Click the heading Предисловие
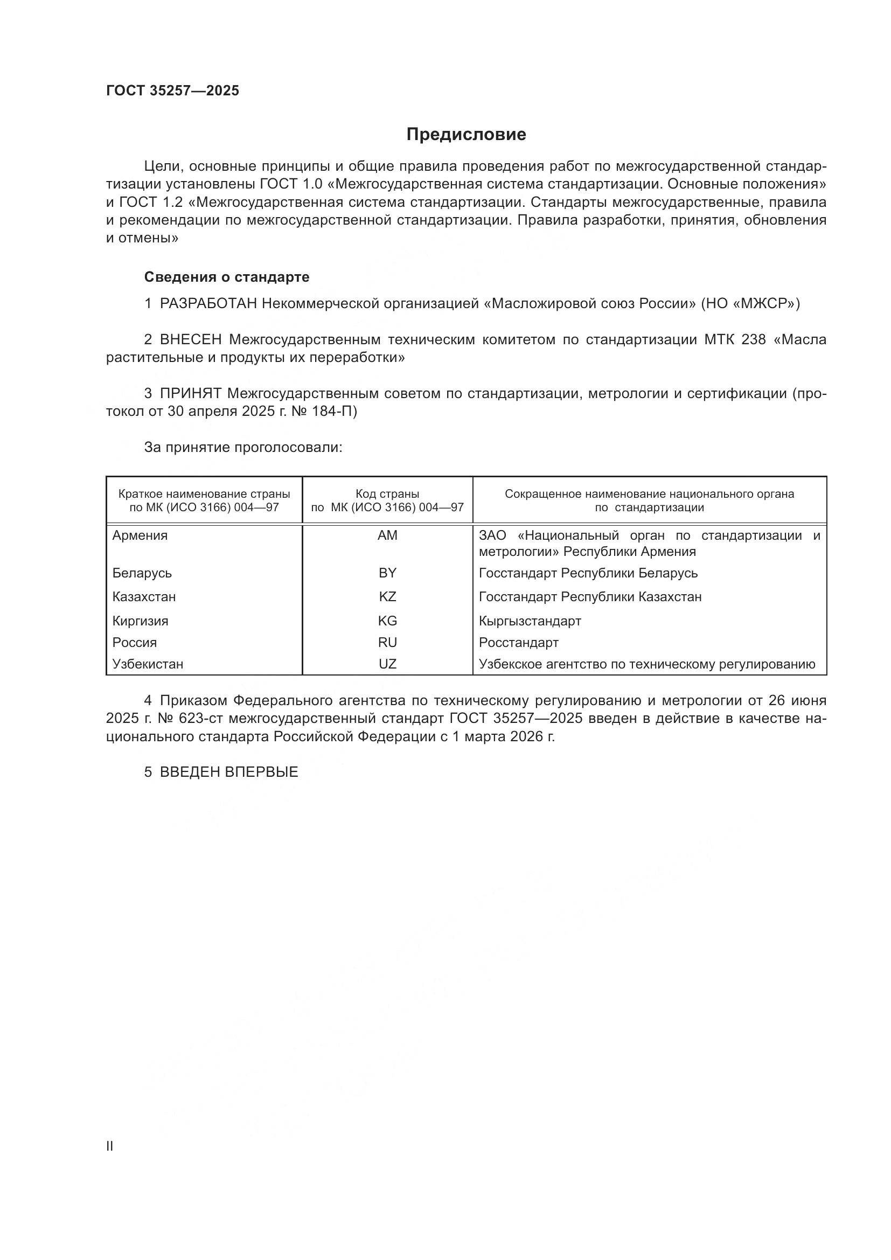click(466, 135)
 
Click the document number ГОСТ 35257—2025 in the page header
click(172, 91)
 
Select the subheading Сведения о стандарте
click(227, 277)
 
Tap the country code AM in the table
click(387, 535)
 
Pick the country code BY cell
click(387, 573)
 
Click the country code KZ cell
click(387, 596)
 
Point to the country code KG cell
click(387, 621)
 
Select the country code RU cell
click(387, 642)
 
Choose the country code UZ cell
click(387, 664)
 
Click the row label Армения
click(140, 535)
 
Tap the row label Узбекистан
click(148, 664)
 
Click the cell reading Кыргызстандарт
click(530, 621)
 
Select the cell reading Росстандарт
click(518, 642)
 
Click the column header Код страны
click(387, 494)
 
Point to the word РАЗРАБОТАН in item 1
click(208, 303)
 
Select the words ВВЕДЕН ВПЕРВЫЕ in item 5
click(229, 772)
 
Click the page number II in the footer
click(110, 1146)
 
